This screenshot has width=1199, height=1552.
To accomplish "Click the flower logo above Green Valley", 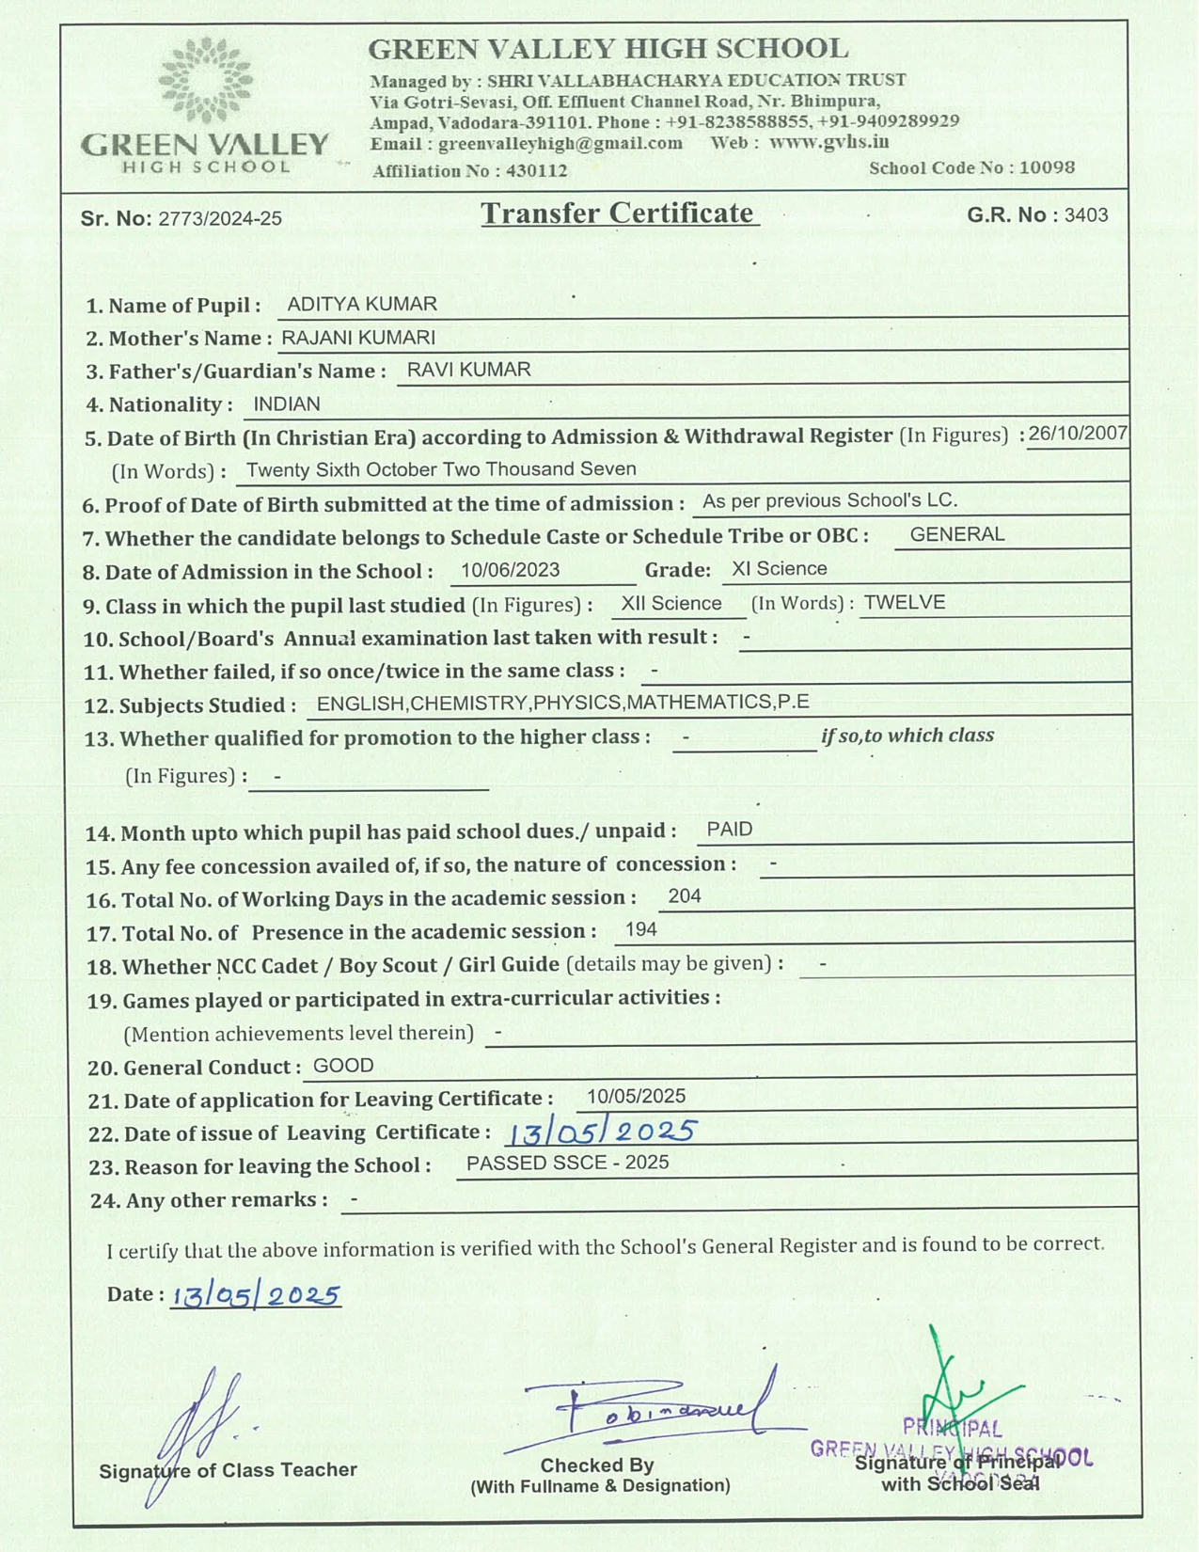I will [205, 81].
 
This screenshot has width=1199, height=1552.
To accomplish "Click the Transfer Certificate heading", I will [619, 214].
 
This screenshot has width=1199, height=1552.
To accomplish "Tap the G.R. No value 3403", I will [1086, 215].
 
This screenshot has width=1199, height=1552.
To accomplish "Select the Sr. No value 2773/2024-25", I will [220, 219].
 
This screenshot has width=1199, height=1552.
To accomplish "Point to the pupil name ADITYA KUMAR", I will [362, 305].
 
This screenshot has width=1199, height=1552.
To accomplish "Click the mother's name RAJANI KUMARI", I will [358, 338].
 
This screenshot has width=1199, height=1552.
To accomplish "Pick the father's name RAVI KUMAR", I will [468, 371].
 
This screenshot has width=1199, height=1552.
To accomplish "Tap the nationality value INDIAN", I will [287, 404].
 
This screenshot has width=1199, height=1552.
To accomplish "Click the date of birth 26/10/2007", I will [1078, 434].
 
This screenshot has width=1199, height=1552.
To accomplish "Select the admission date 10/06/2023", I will [510, 570].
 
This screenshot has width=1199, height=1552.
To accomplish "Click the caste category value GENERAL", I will [957, 535].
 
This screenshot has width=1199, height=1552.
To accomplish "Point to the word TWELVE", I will [905, 603].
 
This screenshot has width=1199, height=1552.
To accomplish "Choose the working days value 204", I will [685, 896].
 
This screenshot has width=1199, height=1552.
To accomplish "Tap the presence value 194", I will [641, 930].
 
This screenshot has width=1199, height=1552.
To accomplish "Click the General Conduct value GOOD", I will [343, 1066].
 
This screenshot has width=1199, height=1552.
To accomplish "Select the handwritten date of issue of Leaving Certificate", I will [602, 1131].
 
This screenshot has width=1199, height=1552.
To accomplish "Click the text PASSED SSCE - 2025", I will [567, 1164].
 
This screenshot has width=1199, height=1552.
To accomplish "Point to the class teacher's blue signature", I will [202, 1425].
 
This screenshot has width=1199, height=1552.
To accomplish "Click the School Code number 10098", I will [1047, 168].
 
